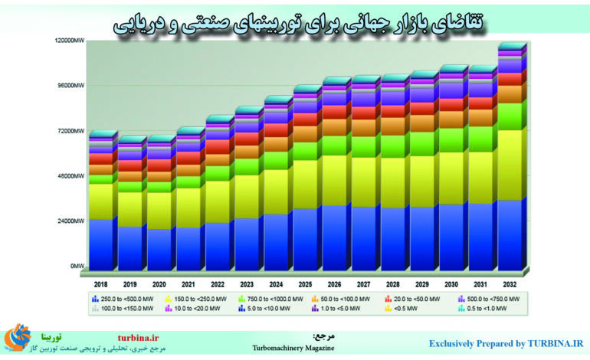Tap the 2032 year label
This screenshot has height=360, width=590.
(x=509, y=283)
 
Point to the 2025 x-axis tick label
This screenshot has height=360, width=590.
(x=304, y=283)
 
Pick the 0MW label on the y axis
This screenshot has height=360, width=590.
(x=75, y=267)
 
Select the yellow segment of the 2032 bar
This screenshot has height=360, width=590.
(x=509, y=165)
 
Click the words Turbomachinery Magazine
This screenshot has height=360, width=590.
(x=293, y=348)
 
